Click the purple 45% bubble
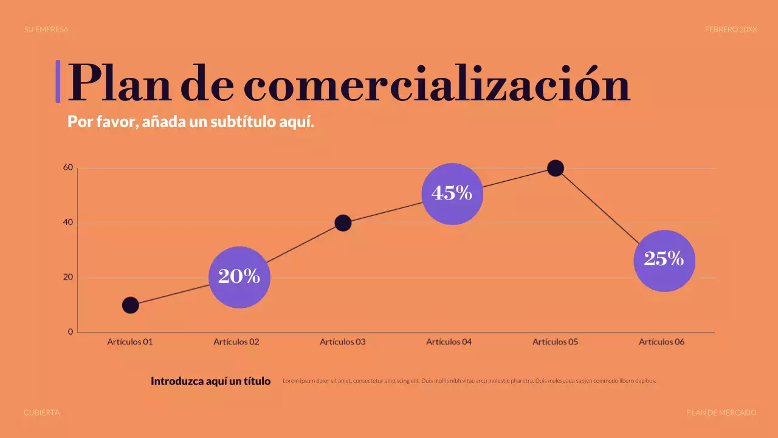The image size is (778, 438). point(452,193)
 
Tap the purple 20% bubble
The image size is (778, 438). point(239,277)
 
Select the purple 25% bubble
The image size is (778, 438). point(664,260)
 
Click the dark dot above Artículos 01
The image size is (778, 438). point(130,305)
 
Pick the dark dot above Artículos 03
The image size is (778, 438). point(343,223)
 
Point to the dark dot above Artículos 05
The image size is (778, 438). point(555,168)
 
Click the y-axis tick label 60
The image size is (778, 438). point(67,168)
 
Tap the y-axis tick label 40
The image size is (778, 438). point(67,223)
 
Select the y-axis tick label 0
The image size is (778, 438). point(71,332)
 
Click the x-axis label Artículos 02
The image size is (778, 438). point(236,342)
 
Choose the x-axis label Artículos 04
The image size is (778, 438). point(449,342)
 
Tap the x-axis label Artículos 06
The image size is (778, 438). point(661,342)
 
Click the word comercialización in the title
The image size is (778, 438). point(436,84)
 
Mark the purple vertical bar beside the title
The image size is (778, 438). point(58,81)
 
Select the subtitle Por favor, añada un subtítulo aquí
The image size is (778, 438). point(191,122)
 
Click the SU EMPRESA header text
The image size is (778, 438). point(46,29)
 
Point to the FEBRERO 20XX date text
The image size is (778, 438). point(731,29)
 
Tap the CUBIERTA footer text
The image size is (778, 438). point(41,412)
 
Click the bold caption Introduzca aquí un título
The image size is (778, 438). point(210,381)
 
